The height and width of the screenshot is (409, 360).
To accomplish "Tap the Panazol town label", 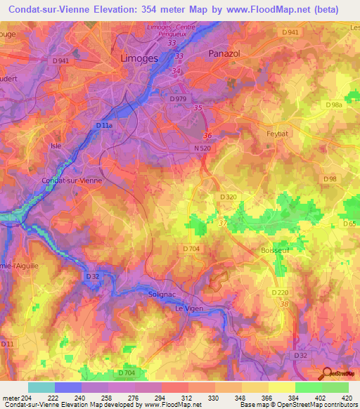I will tap(226, 53).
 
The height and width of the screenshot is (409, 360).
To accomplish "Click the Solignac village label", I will tap(163, 295).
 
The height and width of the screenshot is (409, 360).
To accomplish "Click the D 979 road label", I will tap(179, 99).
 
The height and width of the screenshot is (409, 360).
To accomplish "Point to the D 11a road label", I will tap(103, 125).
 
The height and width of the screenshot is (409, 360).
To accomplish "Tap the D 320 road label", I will tap(228, 197).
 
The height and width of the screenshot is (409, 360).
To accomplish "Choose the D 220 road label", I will tap(280, 291).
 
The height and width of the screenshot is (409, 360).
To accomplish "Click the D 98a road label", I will tap(333, 105).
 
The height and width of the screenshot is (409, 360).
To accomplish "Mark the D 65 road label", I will tap(349, 223).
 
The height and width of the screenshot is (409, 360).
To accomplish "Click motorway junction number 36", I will tap(207, 136).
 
